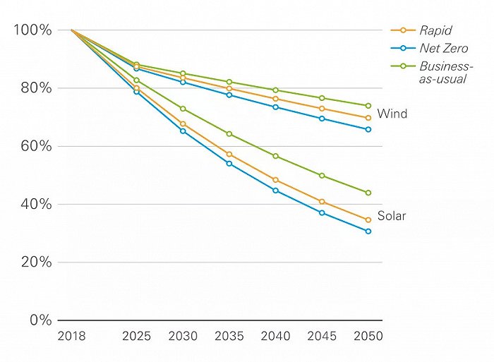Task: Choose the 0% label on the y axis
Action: coord(40,320)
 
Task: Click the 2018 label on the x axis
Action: coord(71,337)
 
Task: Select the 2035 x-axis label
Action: coord(229,337)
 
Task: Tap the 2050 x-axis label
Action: coord(368,337)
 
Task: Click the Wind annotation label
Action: coord(392,114)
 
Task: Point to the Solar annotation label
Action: coord(392,216)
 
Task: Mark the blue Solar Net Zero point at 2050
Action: coord(368,231)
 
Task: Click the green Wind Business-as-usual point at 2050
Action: coord(368,106)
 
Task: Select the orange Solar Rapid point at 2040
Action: coord(275,180)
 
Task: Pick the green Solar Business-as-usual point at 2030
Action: coord(183,109)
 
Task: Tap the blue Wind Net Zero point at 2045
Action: coord(322,119)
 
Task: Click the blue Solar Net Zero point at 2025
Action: coord(136,92)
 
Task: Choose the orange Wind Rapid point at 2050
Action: coord(368,118)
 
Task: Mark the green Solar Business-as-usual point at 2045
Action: coord(322,176)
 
